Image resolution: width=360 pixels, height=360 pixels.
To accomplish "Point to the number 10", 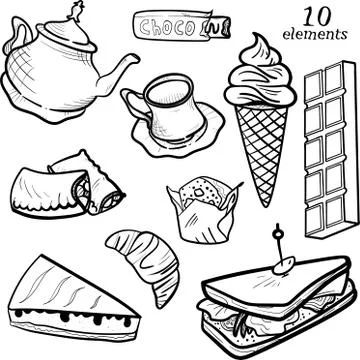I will (315, 16).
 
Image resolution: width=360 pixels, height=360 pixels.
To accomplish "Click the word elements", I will (315, 35).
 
